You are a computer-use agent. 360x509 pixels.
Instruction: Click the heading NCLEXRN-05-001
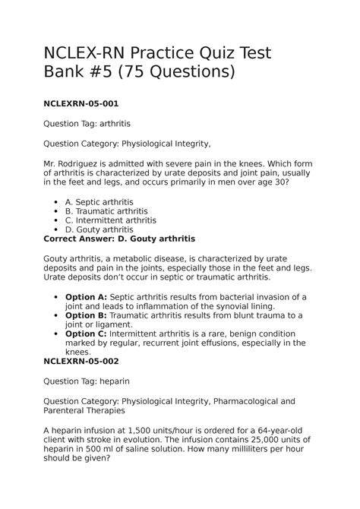[81, 102]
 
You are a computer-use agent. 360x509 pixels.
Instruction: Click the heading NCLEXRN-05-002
[81, 362]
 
